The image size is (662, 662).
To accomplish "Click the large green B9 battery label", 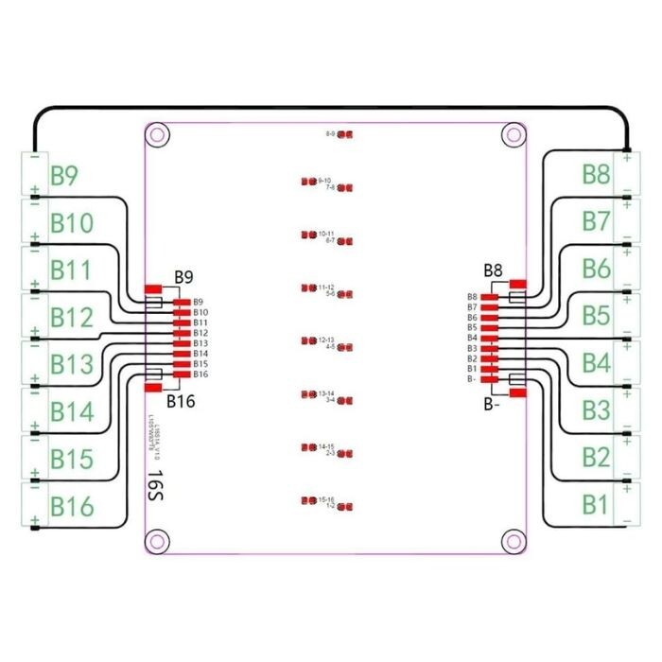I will click(x=64, y=176).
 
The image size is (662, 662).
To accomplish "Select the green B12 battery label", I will click(x=72, y=318).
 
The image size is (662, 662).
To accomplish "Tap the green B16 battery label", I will click(x=72, y=507).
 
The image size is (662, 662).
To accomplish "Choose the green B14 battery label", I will click(x=72, y=412).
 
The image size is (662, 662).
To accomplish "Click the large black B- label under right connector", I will click(x=490, y=405).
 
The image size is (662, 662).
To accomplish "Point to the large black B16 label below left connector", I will click(x=181, y=401).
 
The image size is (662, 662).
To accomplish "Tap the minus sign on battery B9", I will click(x=35, y=158).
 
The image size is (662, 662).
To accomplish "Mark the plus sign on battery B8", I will click(x=627, y=158).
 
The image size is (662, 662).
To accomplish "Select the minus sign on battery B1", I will click(x=627, y=519).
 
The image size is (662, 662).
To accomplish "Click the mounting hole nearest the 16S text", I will click(x=157, y=541).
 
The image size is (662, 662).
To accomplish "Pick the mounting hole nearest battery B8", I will click(x=513, y=134).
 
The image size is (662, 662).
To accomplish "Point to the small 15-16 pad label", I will click(x=324, y=498).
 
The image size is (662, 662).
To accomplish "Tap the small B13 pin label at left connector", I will click(x=200, y=343).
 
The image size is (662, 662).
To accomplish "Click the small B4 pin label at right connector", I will click(x=472, y=338).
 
